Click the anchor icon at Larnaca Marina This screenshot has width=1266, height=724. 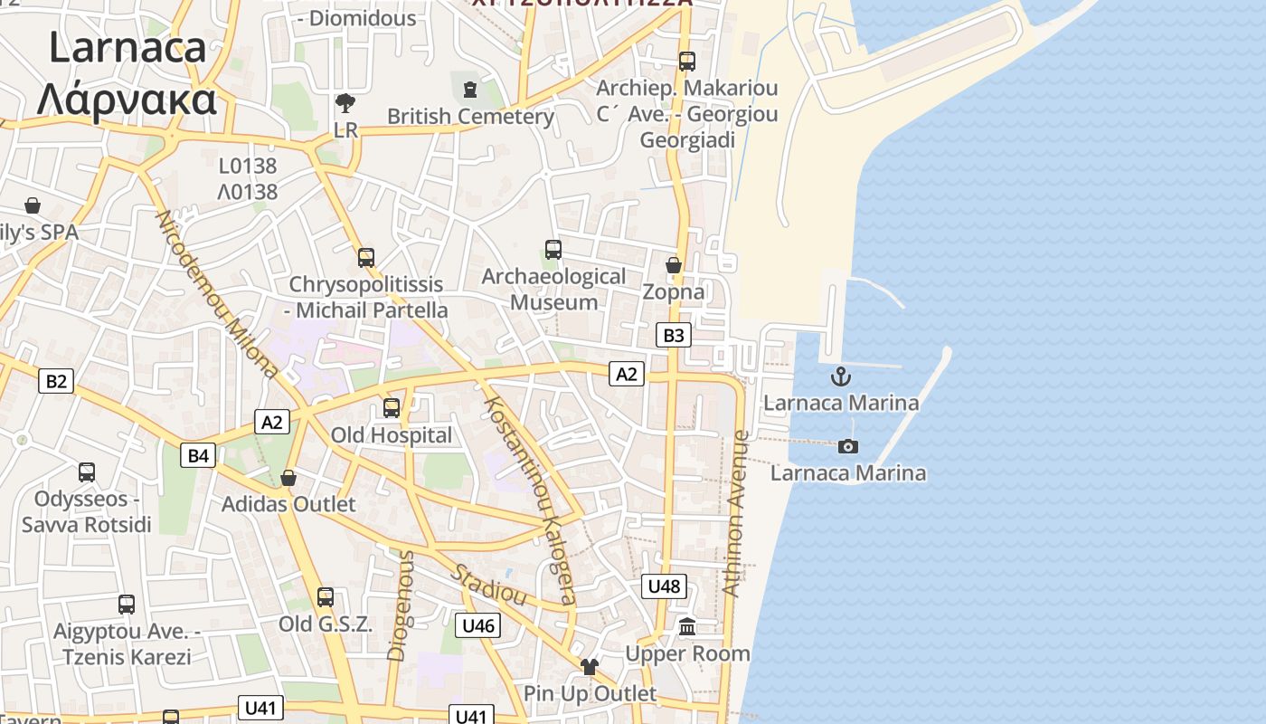tap(841, 376)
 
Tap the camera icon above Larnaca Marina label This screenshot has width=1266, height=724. tap(848, 446)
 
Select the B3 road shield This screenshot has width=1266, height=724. tap(674, 336)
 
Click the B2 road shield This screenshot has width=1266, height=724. tap(56, 381)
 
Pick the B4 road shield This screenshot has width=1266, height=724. tap(198, 455)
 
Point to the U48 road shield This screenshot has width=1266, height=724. tap(664, 586)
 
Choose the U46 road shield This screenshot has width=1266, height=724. tap(477, 625)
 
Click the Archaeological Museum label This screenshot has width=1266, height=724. tap(553, 290)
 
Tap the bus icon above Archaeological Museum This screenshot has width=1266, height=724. tap(553, 250)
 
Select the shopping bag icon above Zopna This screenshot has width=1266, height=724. tap(674, 265)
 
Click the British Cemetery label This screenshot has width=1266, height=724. tap(470, 117)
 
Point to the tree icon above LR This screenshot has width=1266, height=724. tap(345, 102)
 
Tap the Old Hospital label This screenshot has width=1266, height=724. tap(391, 435)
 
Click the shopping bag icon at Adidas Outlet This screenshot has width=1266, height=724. tap(288, 478)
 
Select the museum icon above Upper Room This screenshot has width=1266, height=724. tap(687, 626)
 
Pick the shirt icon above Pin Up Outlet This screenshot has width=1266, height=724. tap(590, 667)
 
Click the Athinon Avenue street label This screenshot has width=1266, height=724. tap(735, 512)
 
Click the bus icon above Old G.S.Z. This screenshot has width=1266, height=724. tap(326, 597)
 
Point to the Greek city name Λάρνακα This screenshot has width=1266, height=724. tap(127, 100)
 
